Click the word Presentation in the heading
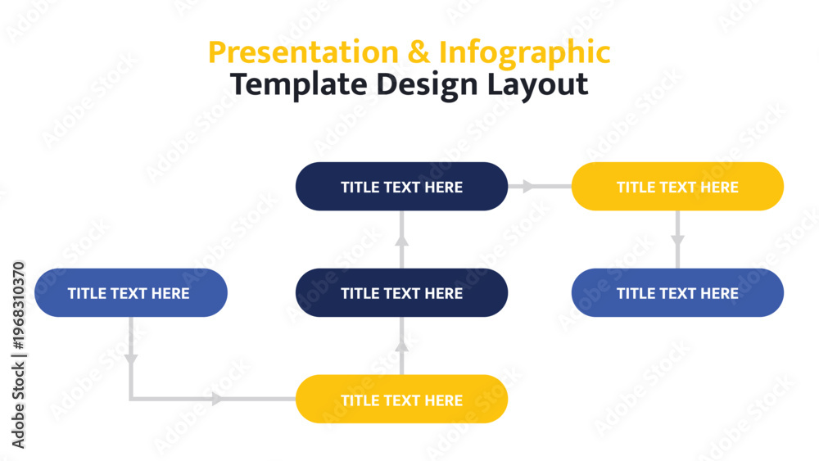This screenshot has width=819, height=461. tap(304, 52)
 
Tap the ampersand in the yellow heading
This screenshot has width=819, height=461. tap(419, 52)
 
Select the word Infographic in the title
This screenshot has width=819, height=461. tap(524, 54)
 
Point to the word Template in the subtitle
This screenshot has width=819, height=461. tap(298, 84)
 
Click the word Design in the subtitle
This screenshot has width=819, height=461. tap(427, 85)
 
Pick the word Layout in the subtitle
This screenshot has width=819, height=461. tap(537, 85)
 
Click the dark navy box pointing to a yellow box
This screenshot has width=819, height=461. tap(401, 187)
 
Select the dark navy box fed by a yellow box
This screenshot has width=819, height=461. tap(401, 292)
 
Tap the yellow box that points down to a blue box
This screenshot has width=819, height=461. tap(677, 187)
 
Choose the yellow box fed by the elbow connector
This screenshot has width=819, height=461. tap(401, 399)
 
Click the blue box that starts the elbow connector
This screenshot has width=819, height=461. tap(130, 292)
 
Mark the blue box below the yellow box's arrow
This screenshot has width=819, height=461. tap(677, 292)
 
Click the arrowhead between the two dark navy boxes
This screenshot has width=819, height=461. tap(401, 240)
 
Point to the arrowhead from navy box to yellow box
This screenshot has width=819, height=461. tap(528, 186)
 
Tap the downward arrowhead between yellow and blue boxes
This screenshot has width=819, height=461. tap(677, 241)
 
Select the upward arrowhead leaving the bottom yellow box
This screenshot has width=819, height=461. tap(401, 346)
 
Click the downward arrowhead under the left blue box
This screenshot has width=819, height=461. tap(130, 359)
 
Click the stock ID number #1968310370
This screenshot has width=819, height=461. tap(18, 305)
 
